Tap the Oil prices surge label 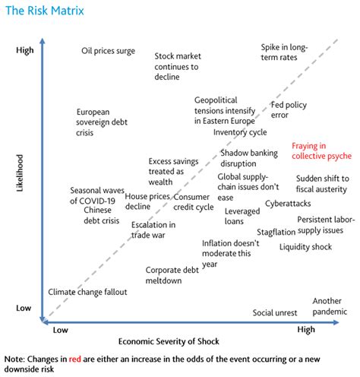pyautogui.click(x=108, y=51)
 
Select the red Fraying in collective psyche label pyautogui.click(x=321, y=150)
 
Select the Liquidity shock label pyautogui.click(x=305, y=246)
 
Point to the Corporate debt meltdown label pyautogui.click(x=172, y=275)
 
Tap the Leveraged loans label pyautogui.click(x=242, y=215)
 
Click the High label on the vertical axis pyautogui.click(x=24, y=50)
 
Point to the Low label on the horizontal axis pyautogui.click(x=60, y=330)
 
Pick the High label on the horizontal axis pyautogui.click(x=306, y=330)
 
